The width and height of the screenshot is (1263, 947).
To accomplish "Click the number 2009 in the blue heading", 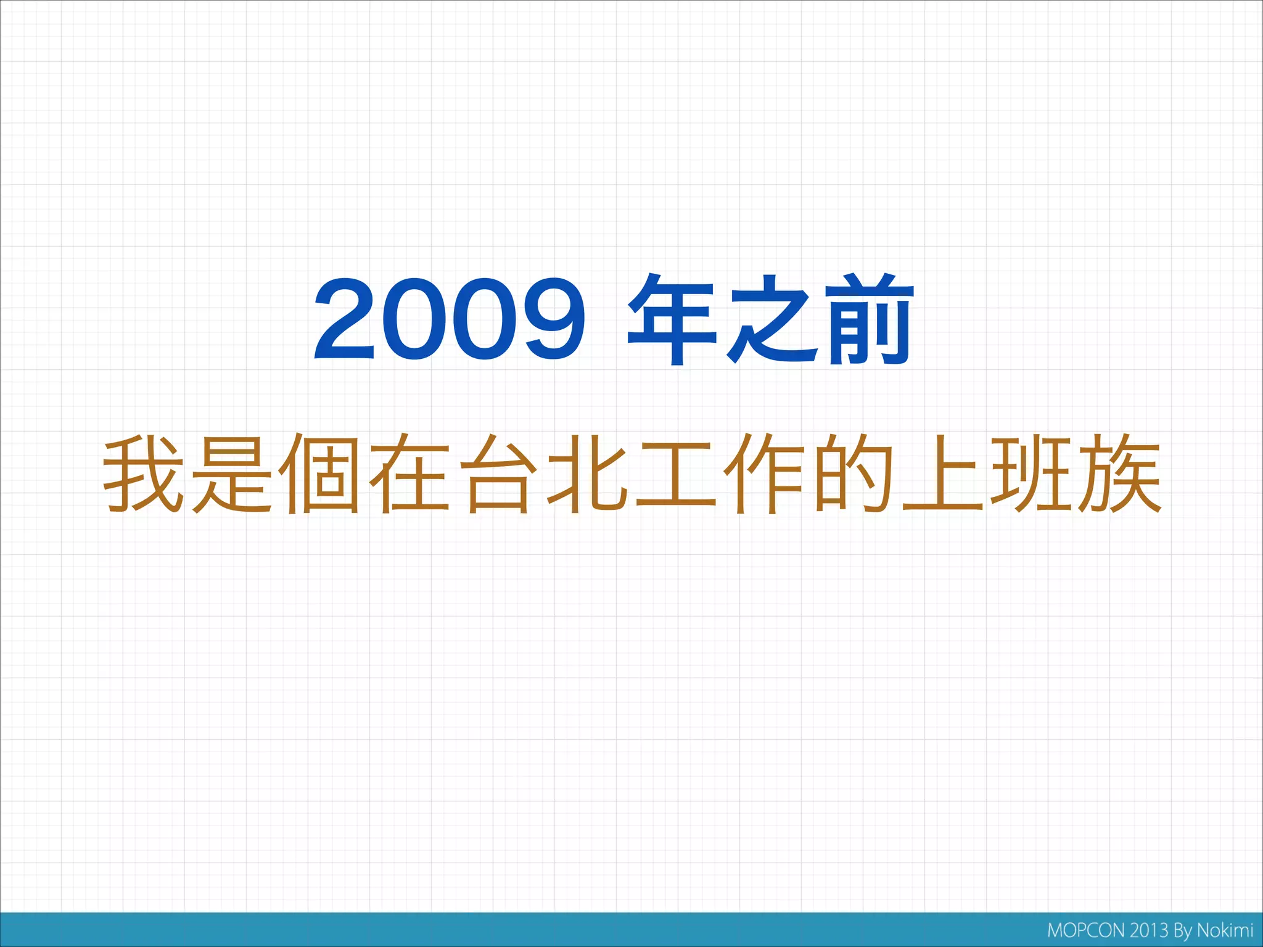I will coord(450,319).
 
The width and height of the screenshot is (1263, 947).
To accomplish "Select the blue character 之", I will coord(771,319).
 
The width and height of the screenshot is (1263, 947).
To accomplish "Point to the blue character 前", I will coord(870,319).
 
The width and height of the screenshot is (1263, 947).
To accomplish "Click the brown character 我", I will coord(144,473).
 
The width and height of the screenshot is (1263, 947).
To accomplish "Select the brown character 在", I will coord(409,473).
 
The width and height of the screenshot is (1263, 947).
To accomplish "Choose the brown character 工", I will coord(676,473).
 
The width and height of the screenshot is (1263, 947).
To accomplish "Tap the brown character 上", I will coord(942,473).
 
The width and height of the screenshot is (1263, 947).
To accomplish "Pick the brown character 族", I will coord(1120,473).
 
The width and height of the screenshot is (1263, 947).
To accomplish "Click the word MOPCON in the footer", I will coord(1086,930).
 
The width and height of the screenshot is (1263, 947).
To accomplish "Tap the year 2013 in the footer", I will coord(1150,930).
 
